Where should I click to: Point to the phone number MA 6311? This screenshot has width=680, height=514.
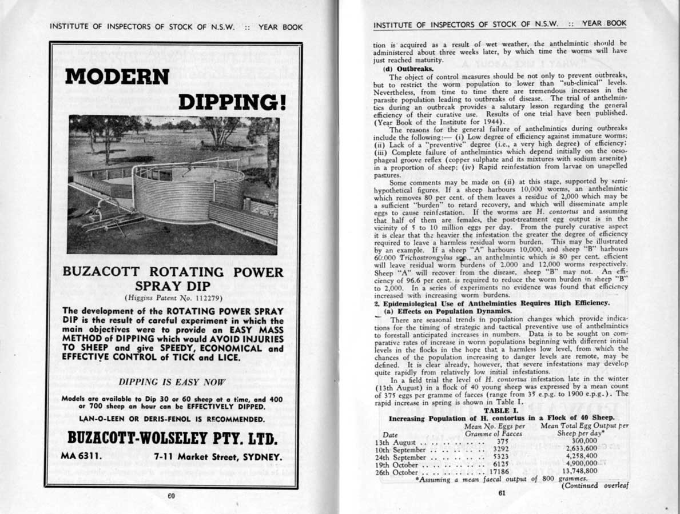pos(82,457)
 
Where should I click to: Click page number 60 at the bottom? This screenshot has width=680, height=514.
pos(171,496)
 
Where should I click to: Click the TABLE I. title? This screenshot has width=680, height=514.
pos(501,410)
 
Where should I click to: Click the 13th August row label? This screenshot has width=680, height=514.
pos(397,441)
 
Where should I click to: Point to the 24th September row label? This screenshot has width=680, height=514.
pos(400,456)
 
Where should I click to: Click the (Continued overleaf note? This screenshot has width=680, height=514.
pos(595,485)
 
